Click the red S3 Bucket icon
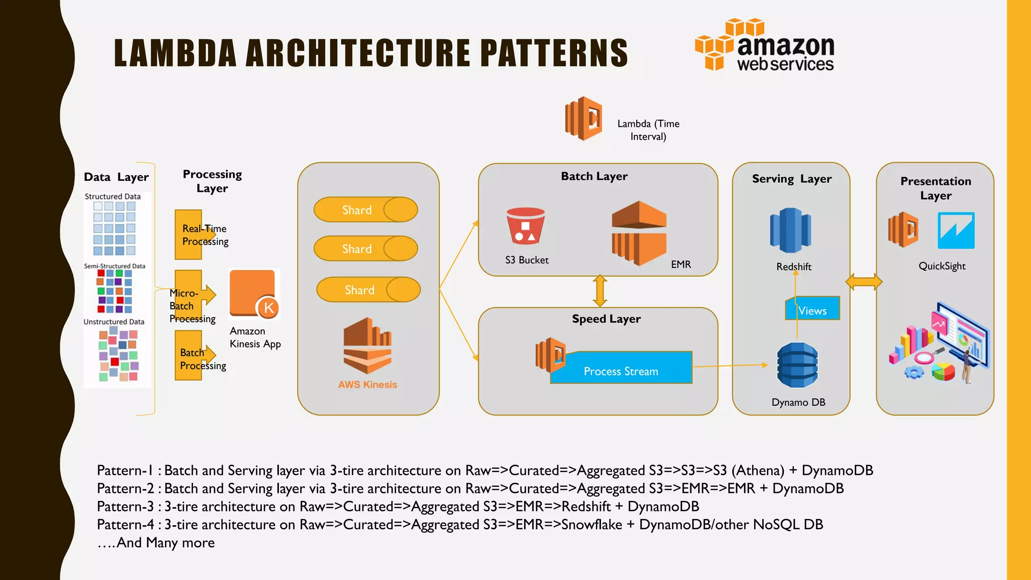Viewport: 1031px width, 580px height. (526, 226)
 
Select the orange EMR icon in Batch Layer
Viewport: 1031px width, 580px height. (639, 233)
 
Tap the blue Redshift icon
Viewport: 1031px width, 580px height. (790, 230)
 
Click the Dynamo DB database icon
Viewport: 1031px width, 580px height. (797, 365)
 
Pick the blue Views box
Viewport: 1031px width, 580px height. (812, 309)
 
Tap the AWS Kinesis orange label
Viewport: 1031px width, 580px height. (367, 385)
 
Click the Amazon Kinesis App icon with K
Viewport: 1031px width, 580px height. (253, 294)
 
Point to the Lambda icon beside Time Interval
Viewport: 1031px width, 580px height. (583, 119)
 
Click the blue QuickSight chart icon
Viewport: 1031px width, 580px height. (956, 231)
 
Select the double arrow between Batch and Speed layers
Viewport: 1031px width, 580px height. (600, 291)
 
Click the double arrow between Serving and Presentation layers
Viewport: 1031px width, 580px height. (863, 282)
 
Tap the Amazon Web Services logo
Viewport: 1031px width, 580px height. (765, 46)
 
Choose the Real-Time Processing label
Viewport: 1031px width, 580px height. (205, 235)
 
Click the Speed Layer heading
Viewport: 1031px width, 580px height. (606, 319)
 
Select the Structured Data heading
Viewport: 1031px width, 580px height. (112, 196)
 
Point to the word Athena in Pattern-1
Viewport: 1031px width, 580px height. (758, 470)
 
